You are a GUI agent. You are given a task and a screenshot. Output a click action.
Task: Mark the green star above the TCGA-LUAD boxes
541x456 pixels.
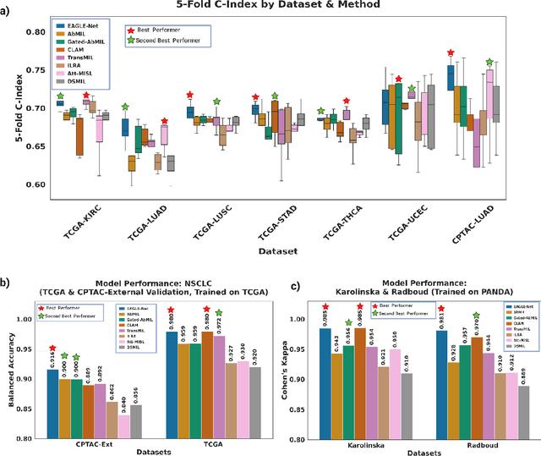pos(125,107)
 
